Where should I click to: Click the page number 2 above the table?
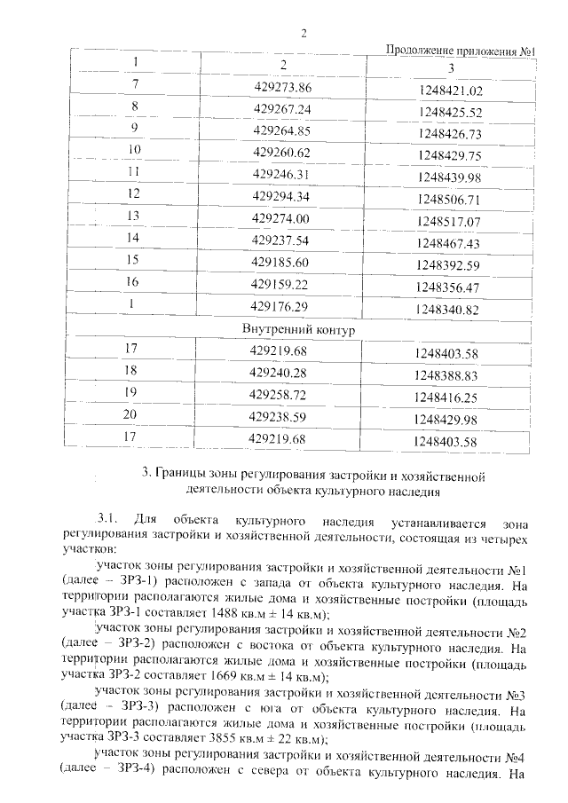tap(303, 35)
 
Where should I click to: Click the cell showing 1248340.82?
tap(447, 310)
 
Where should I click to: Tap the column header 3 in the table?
tap(451, 68)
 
